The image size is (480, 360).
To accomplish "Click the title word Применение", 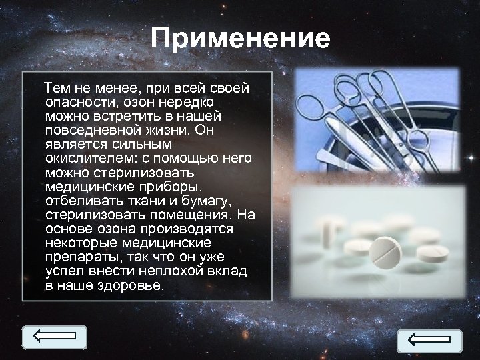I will (240, 38).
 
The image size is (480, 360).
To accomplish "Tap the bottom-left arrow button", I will (55, 337).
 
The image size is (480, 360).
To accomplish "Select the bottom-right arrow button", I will (429, 341).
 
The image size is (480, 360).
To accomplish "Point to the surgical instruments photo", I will (377, 120).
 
